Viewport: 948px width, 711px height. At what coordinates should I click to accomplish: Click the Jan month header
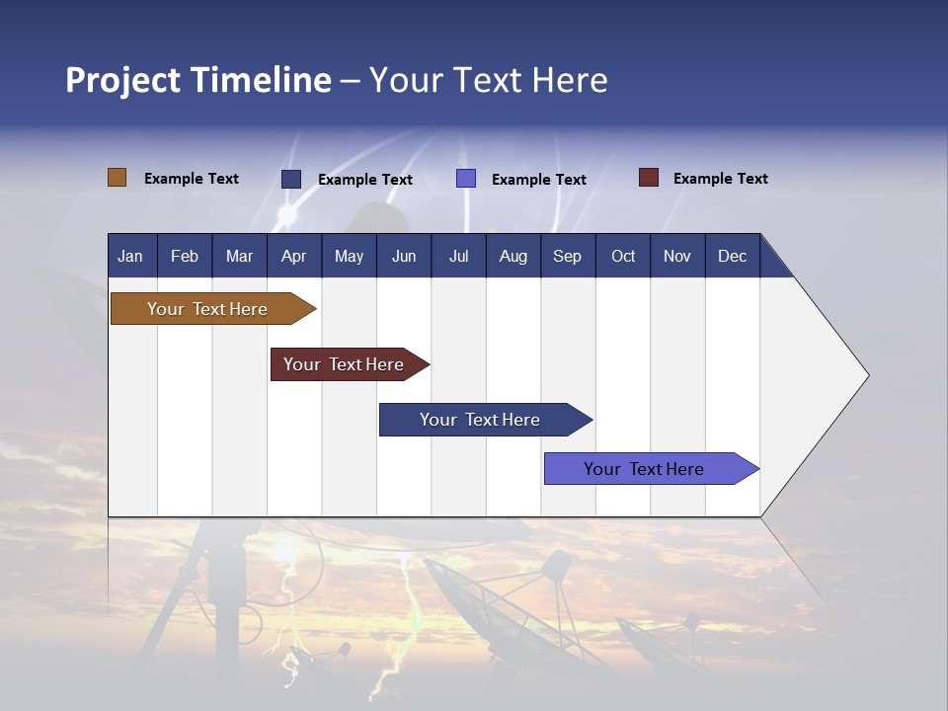coord(130,256)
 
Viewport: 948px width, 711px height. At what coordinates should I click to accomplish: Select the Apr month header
coord(293,256)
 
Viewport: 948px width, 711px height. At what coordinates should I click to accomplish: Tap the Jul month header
coord(458,256)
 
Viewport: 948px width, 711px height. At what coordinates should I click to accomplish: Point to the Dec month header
coord(732,256)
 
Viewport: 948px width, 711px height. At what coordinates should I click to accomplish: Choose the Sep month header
coord(567,256)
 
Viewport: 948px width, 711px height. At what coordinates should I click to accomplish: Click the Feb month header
coord(185,256)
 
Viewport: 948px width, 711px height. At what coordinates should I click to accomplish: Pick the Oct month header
coord(623,256)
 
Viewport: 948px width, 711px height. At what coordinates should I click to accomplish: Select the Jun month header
coord(404,256)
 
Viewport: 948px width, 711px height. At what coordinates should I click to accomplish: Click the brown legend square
coord(117,178)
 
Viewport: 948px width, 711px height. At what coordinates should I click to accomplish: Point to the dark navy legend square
coord(291,179)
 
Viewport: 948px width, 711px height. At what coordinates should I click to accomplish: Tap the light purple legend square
coord(466,179)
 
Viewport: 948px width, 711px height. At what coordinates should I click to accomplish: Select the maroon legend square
coord(649,178)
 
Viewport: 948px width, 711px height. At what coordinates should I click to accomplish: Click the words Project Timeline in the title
coord(197,80)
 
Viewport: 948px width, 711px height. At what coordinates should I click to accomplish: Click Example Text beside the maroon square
coord(720,179)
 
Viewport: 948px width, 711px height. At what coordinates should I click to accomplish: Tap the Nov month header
coord(677,256)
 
